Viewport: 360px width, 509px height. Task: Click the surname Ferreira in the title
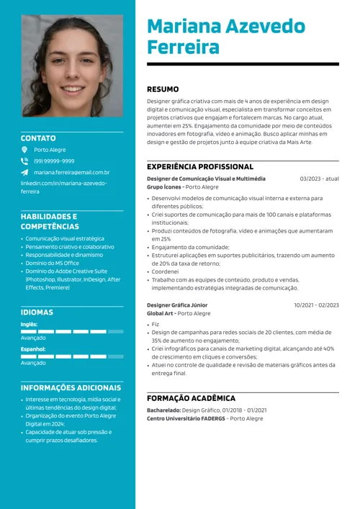click(183, 48)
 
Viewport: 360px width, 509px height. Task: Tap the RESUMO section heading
click(163, 89)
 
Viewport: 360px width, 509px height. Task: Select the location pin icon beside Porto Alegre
click(24, 150)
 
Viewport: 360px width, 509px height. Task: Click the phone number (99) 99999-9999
click(54, 161)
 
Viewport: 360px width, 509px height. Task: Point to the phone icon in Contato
click(24, 161)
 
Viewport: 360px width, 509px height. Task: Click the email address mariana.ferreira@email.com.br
click(71, 173)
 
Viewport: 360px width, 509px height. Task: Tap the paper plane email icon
click(24, 173)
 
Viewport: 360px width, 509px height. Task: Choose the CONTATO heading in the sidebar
click(38, 138)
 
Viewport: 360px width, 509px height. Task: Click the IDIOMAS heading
click(37, 312)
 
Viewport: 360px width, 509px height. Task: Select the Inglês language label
click(29, 325)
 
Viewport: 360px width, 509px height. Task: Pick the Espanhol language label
click(32, 349)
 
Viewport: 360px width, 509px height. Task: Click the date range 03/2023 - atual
click(319, 179)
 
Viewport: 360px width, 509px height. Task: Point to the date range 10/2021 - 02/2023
click(316, 305)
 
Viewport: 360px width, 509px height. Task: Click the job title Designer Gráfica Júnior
click(177, 305)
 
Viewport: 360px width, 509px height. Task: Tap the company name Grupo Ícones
click(163, 187)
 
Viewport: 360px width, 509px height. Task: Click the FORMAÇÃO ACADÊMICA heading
click(191, 398)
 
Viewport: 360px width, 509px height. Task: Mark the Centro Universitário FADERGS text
click(185, 418)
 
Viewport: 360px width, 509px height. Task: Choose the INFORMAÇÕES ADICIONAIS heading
click(71, 387)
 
